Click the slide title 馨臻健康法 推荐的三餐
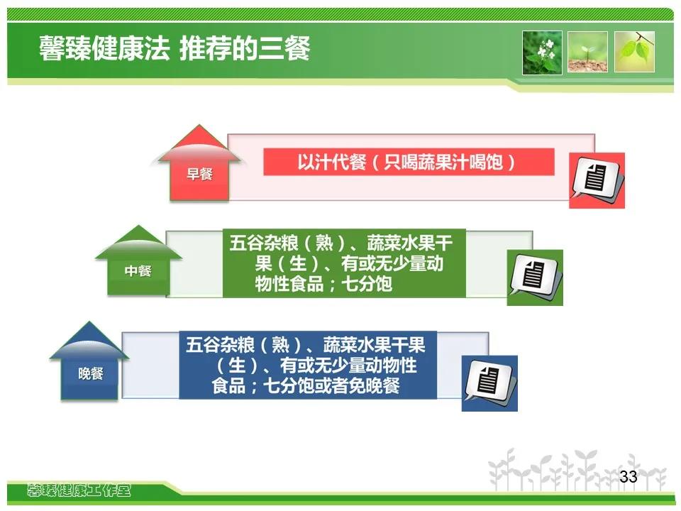(x=175, y=48)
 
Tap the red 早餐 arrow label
(x=199, y=175)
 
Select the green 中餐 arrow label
(x=138, y=271)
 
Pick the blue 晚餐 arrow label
(x=90, y=373)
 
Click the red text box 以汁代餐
(x=409, y=162)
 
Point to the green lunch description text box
(x=344, y=263)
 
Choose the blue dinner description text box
(x=308, y=365)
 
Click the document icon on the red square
(x=596, y=179)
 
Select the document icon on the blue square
(x=489, y=381)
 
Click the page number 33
(x=628, y=477)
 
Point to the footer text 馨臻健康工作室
(x=79, y=491)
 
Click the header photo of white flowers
(x=542, y=53)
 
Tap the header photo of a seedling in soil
(x=587, y=52)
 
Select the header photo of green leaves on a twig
(x=634, y=52)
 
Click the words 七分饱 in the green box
(x=367, y=285)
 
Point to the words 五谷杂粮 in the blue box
(x=220, y=345)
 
